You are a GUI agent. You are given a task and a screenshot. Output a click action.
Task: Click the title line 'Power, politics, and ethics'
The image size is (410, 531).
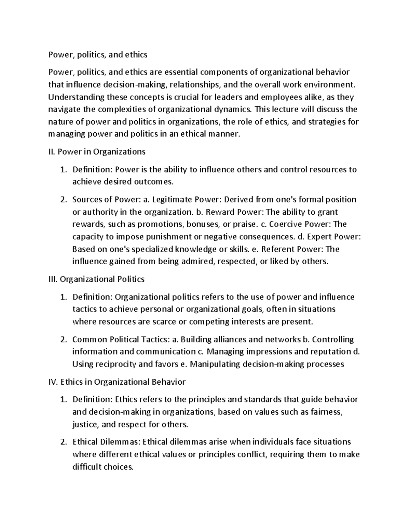coord(98,54)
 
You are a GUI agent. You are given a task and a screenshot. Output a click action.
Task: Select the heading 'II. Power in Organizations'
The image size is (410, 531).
coord(97,152)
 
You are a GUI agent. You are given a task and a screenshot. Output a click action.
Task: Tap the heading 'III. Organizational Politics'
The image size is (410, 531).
coord(97,279)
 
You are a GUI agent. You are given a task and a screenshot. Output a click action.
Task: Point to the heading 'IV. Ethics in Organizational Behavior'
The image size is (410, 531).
coord(117,382)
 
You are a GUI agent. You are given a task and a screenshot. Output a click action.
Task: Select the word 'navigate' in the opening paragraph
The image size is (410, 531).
coord(63,109)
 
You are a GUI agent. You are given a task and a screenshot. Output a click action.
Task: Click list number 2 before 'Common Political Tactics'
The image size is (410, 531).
coord(63,340)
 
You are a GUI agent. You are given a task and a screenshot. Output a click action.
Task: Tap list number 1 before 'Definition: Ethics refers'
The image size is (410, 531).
coord(63,400)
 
